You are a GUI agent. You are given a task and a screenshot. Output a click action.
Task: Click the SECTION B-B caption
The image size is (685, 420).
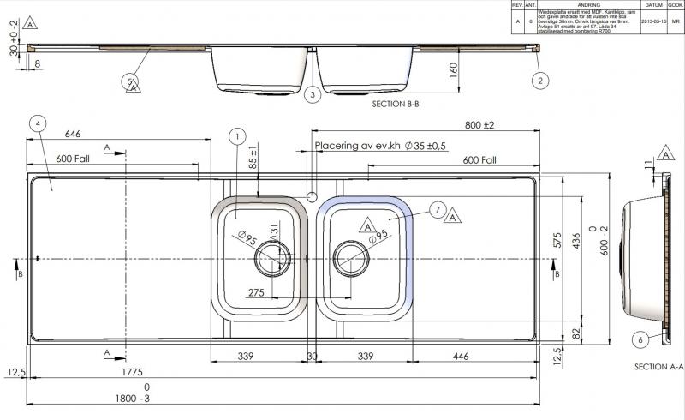(395, 104)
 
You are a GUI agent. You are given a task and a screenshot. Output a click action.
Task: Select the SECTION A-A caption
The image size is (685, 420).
(659, 367)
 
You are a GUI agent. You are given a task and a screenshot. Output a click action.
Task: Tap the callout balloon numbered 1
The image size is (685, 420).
(238, 135)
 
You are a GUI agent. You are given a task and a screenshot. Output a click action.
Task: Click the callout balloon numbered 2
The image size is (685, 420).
(540, 81)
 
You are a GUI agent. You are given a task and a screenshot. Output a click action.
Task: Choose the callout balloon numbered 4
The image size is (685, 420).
(36, 123)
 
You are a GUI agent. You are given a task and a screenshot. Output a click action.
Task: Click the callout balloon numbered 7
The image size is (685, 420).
(437, 208)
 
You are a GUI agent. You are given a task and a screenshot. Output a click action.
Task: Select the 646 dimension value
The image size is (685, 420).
(72, 134)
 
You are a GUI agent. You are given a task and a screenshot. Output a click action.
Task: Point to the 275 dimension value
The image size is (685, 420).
(256, 293)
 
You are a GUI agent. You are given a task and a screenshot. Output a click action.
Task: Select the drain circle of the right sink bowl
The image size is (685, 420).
(351, 255)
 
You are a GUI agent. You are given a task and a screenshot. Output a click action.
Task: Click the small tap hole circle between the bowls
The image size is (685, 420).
(313, 195)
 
